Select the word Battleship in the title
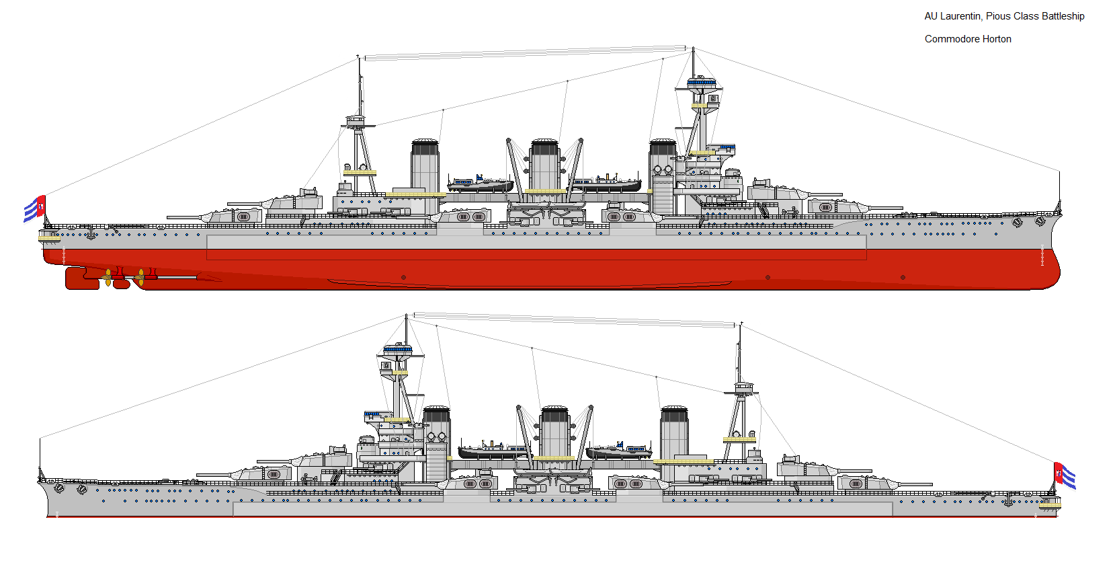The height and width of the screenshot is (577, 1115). (1063, 16)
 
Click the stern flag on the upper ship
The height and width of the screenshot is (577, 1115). (35, 208)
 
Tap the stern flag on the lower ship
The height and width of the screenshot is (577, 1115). (1065, 476)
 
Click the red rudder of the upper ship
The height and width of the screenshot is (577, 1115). (76, 278)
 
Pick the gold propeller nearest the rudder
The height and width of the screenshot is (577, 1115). (108, 278)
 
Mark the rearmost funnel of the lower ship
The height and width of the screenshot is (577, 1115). (674, 432)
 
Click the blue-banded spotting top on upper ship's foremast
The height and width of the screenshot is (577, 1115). (702, 81)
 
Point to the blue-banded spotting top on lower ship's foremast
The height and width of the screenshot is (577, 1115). (397, 348)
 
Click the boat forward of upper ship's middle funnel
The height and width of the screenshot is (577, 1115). (608, 184)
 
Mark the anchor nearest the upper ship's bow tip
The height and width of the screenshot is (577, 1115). (1040, 221)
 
